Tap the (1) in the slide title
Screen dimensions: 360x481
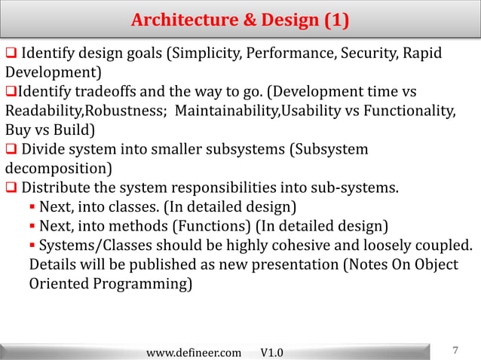(336, 20)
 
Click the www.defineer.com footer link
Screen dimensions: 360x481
(194, 352)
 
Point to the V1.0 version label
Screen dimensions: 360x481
(271, 352)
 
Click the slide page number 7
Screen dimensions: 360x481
(455, 350)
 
